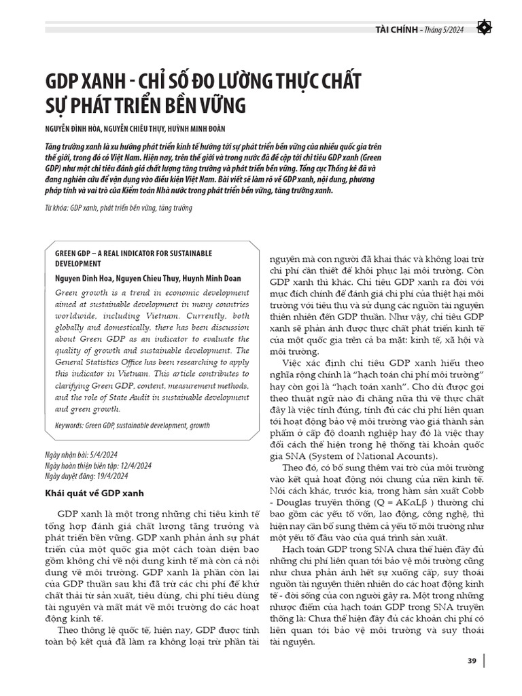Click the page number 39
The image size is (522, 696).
pyautogui.click(x=471, y=661)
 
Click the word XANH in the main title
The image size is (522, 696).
pyautogui.click(x=94, y=82)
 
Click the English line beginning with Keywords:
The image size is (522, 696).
pyautogui.click(x=133, y=426)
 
